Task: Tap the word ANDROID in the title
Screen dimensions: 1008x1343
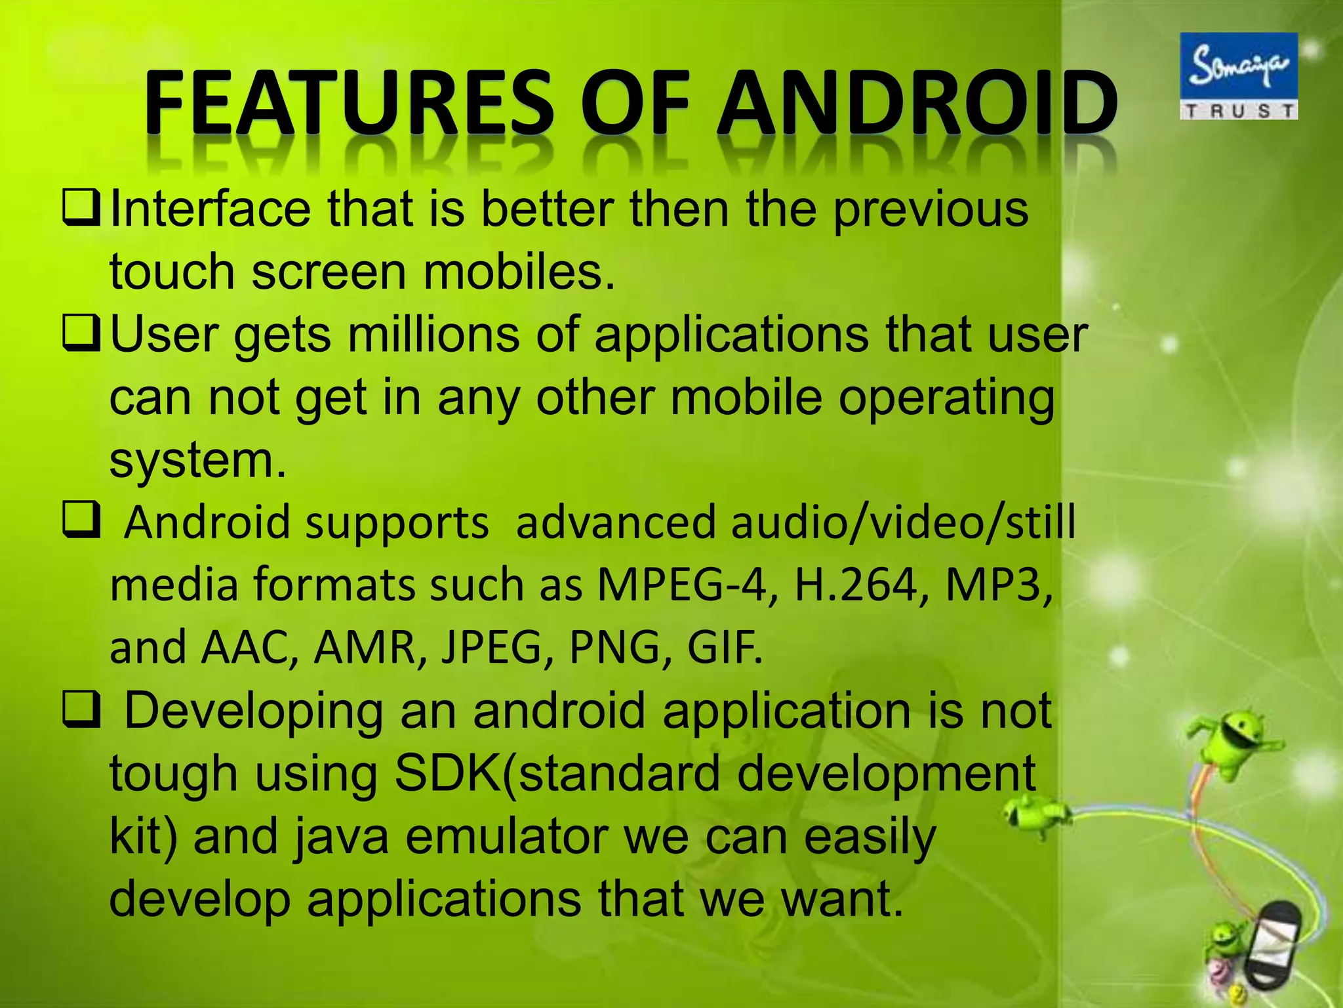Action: (917, 103)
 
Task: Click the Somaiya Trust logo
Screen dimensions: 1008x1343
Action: (1239, 76)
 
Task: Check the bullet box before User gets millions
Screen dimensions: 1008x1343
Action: (81, 333)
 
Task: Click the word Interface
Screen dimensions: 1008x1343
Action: (210, 209)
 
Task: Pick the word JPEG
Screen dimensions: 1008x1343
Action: (491, 647)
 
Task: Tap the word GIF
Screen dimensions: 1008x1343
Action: (725, 647)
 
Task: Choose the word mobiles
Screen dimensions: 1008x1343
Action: (519, 272)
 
